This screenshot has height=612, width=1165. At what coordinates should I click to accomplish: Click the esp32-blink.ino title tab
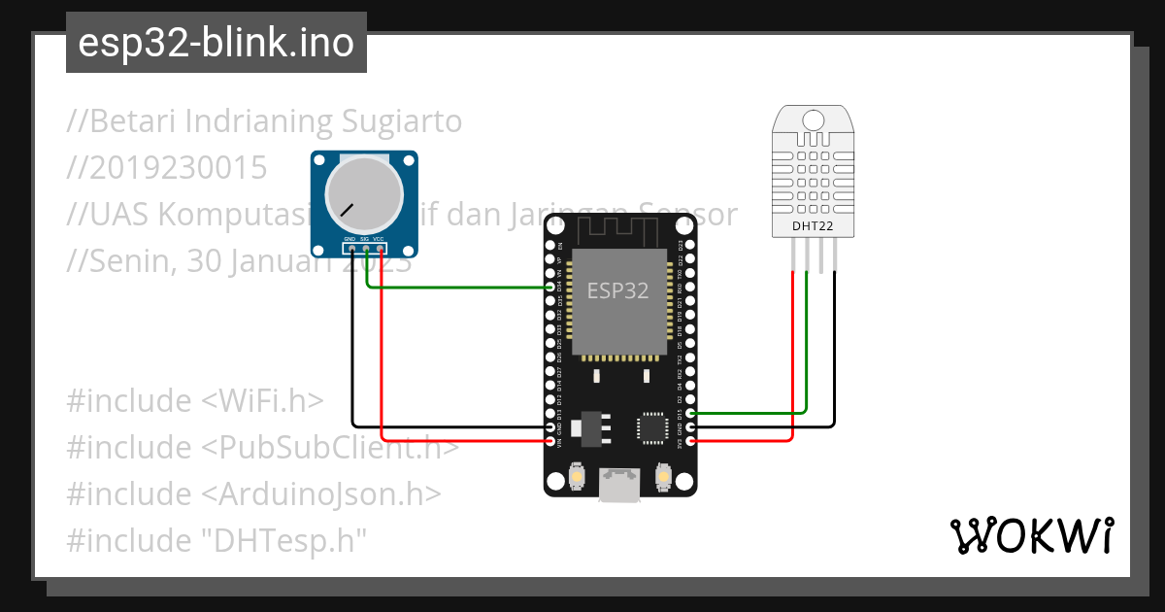point(216,43)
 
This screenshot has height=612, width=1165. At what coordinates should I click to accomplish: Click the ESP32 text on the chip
point(617,290)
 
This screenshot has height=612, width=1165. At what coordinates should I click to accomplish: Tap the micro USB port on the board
point(619,484)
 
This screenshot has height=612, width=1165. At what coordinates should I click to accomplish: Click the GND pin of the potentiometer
point(351,249)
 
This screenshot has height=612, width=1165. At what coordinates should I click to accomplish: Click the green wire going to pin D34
point(456,287)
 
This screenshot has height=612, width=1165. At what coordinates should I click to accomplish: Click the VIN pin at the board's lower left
point(551,441)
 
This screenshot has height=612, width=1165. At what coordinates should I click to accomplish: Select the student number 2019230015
point(167,168)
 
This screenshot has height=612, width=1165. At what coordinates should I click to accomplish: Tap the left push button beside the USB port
point(578,478)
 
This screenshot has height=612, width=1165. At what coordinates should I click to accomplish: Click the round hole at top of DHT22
point(814,119)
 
